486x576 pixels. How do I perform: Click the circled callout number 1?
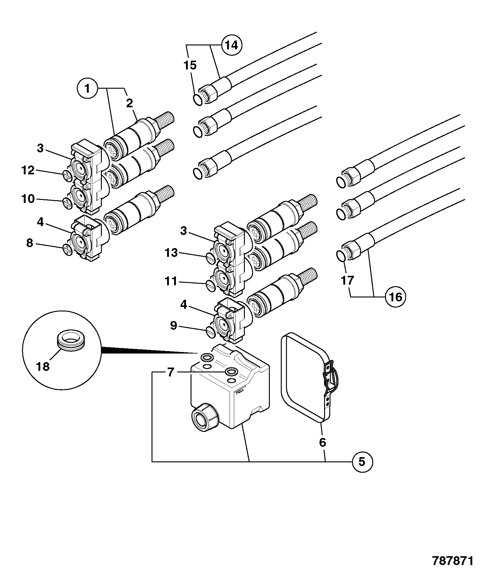click(88, 89)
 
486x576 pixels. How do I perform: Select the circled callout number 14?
click(231, 45)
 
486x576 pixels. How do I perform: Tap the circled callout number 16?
click(395, 297)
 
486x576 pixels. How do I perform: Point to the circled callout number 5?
click(362, 462)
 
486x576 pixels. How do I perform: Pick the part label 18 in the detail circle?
click(43, 366)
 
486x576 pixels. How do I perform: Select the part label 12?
click(28, 170)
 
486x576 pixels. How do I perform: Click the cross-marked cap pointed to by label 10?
click(67, 203)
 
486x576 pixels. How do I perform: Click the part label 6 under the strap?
click(323, 442)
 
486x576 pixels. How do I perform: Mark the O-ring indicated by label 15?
click(198, 100)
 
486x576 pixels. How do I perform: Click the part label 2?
click(130, 104)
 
